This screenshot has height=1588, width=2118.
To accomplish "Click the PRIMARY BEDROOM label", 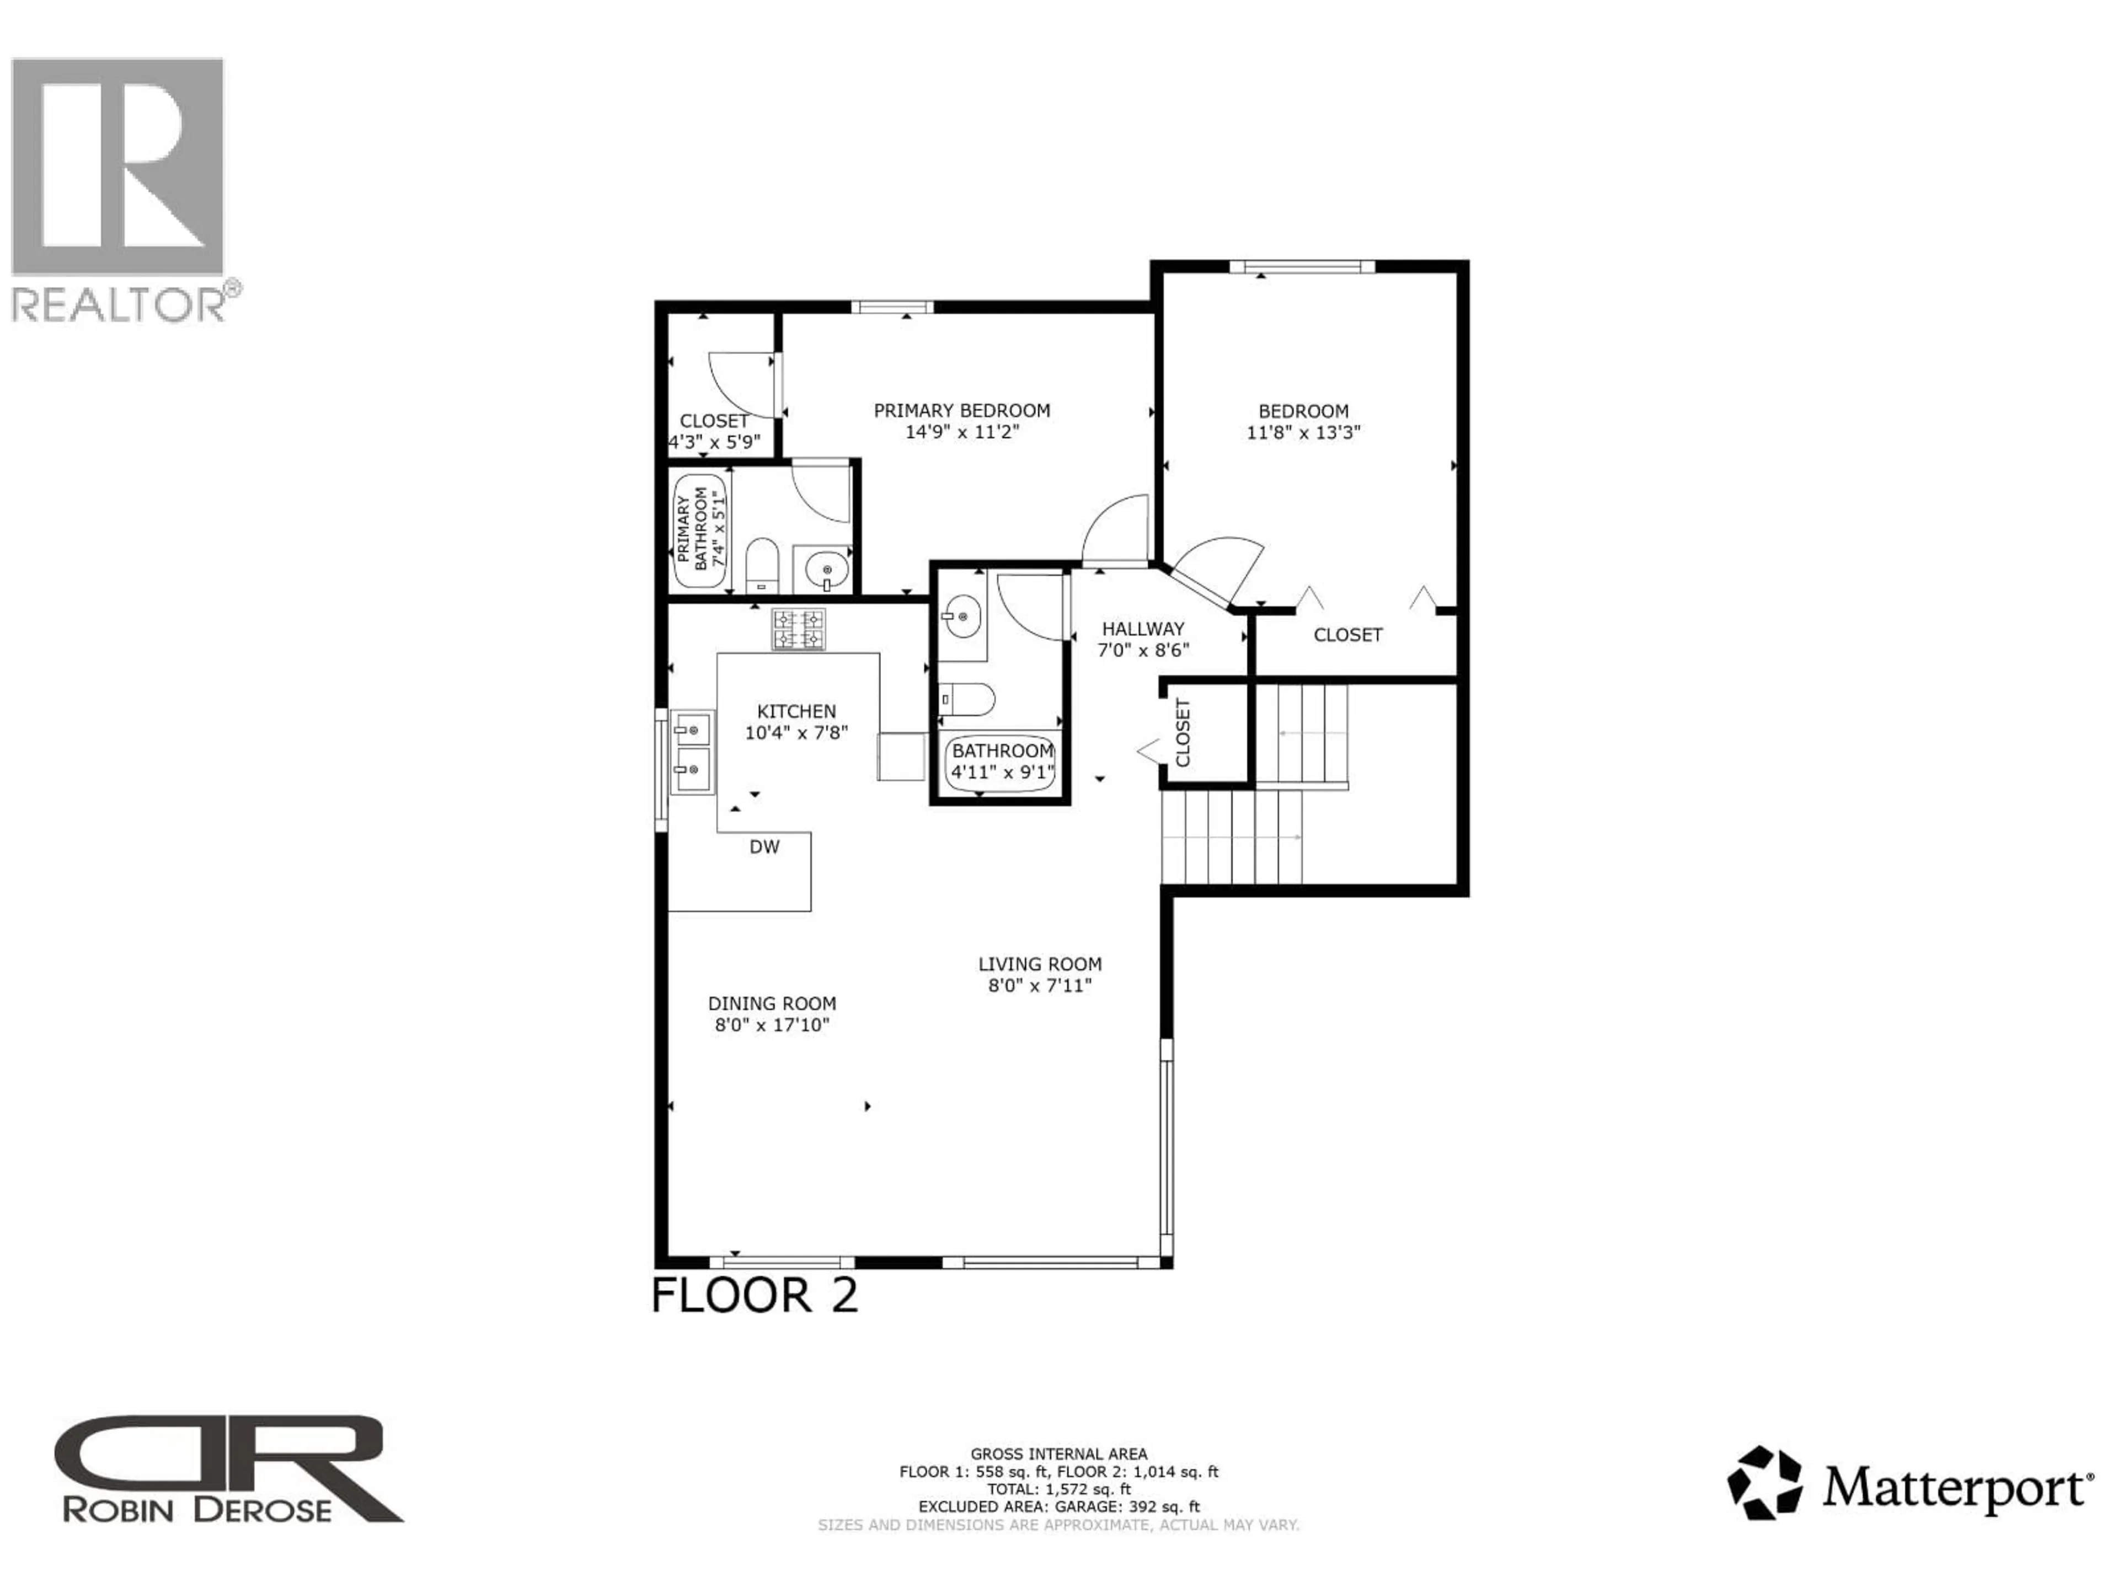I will click(x=961, y=411).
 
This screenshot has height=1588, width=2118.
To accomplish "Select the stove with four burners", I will click(x=799, y=630).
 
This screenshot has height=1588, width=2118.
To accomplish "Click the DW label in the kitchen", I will click(x=764, y=847).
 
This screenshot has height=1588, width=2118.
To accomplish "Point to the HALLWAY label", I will click(x=1142, y=629).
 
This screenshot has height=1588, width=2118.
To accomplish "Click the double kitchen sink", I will click(x=691, y=752).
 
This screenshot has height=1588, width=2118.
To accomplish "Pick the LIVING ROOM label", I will click(x=1040, y=964).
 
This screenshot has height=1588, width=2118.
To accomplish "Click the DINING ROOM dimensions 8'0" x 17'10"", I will click(x=772, y=1025).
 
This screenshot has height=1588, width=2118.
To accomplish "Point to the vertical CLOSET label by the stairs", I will click(x=1183, y=732).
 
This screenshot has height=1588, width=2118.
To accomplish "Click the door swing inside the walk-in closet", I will click(x=739, y=383).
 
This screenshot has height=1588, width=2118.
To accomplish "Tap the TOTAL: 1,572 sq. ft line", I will click(x=1058, y=1489).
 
